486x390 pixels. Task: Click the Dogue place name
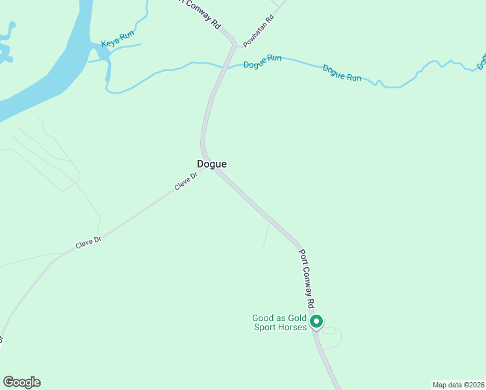point(212,164)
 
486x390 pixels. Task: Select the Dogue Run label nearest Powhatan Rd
point(262,62)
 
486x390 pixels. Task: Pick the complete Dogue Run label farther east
point(342,72)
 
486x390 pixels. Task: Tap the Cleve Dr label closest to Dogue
point(185,181)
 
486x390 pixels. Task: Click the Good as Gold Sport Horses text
point(280,322)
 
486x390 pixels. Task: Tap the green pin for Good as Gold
point(316,321)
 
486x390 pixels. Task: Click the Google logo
point(21,382)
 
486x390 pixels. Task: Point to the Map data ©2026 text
point(457,385)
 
